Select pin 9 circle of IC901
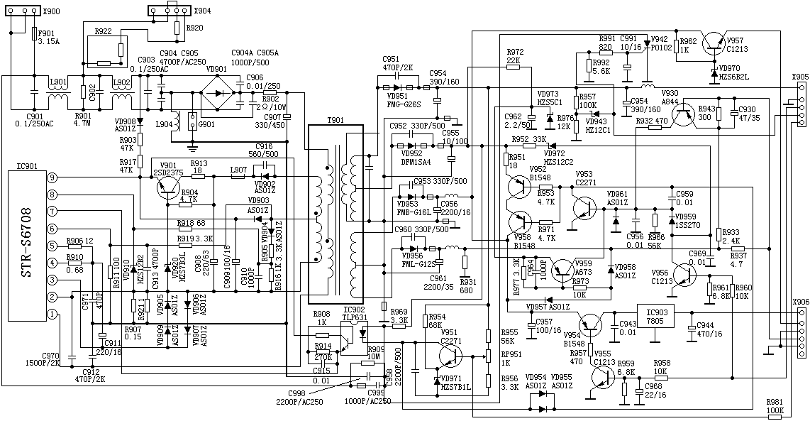point(52,177)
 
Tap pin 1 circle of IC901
point(52,314)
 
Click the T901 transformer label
point(335,121)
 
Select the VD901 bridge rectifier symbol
point(220,92)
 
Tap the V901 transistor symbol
point(167,186)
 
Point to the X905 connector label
point(799,77)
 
